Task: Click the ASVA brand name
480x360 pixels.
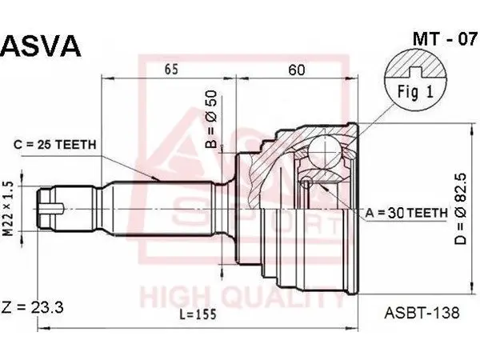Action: coord(41,46)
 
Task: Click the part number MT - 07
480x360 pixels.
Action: coord(445,39)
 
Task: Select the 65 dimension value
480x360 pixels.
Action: coord(171,69)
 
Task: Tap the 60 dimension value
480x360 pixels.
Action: coord(297,70)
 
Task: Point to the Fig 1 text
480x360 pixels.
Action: coord(415,91)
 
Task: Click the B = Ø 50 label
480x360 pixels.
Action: coord(211,119)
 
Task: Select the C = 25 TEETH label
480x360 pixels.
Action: coord(55,144)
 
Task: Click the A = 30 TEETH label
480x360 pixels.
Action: coord(406,213)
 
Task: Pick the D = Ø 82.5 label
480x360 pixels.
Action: coord(460,209)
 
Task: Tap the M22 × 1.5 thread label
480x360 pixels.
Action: coord(9,209)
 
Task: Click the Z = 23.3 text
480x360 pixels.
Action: coord(33,307)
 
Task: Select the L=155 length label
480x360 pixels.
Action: coord(198,314)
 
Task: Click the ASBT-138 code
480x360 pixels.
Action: coord(422,313)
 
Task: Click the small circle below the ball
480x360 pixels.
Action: coord(306,183)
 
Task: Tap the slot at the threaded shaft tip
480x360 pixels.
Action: coord(52,209)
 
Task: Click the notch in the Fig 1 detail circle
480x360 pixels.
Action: coord(415,72)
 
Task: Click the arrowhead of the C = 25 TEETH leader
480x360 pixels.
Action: coord(155,178)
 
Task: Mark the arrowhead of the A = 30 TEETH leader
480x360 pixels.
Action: coord(324,187)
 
